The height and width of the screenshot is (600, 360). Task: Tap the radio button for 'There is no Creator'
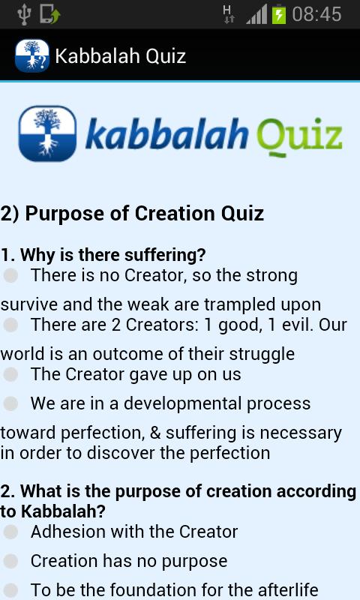pyautogui.click(x=10, y=276)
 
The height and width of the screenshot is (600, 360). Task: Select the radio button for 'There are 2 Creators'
pyautogui.click(x=10, y=325)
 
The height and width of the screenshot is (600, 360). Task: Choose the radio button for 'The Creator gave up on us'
pyautogui.click(x=10, y=373)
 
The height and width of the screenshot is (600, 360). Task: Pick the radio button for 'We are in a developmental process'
pyautogui.click(x=10, y=403)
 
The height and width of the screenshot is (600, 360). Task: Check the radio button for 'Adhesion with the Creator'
pyautogui.click(x=10, y=532)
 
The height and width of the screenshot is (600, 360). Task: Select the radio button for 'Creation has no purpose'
pyautogui.click(x=10, y=561)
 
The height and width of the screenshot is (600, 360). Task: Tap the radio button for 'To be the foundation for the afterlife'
pyautogui.click(x=10, y=590)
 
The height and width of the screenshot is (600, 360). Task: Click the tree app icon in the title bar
pyautogui.click(x=31, y=56)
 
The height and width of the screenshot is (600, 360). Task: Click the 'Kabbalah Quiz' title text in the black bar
pyautogui.click(x=120, y=56)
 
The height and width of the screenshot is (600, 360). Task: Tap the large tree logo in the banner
pyautogui.click(x=47, y=133)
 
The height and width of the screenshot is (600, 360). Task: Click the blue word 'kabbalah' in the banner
pyautogui.click(x=166, y=135)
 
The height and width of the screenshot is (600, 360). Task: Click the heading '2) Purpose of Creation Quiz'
pyautogui.click(x=133, y=213)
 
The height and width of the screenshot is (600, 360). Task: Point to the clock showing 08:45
pyautogui.click(x=316, y=14)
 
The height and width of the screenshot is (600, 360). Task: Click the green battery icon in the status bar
pyautogui.click(x=279, y=14)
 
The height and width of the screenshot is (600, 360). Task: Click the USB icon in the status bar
pyautogui.click(x=23, y=14)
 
